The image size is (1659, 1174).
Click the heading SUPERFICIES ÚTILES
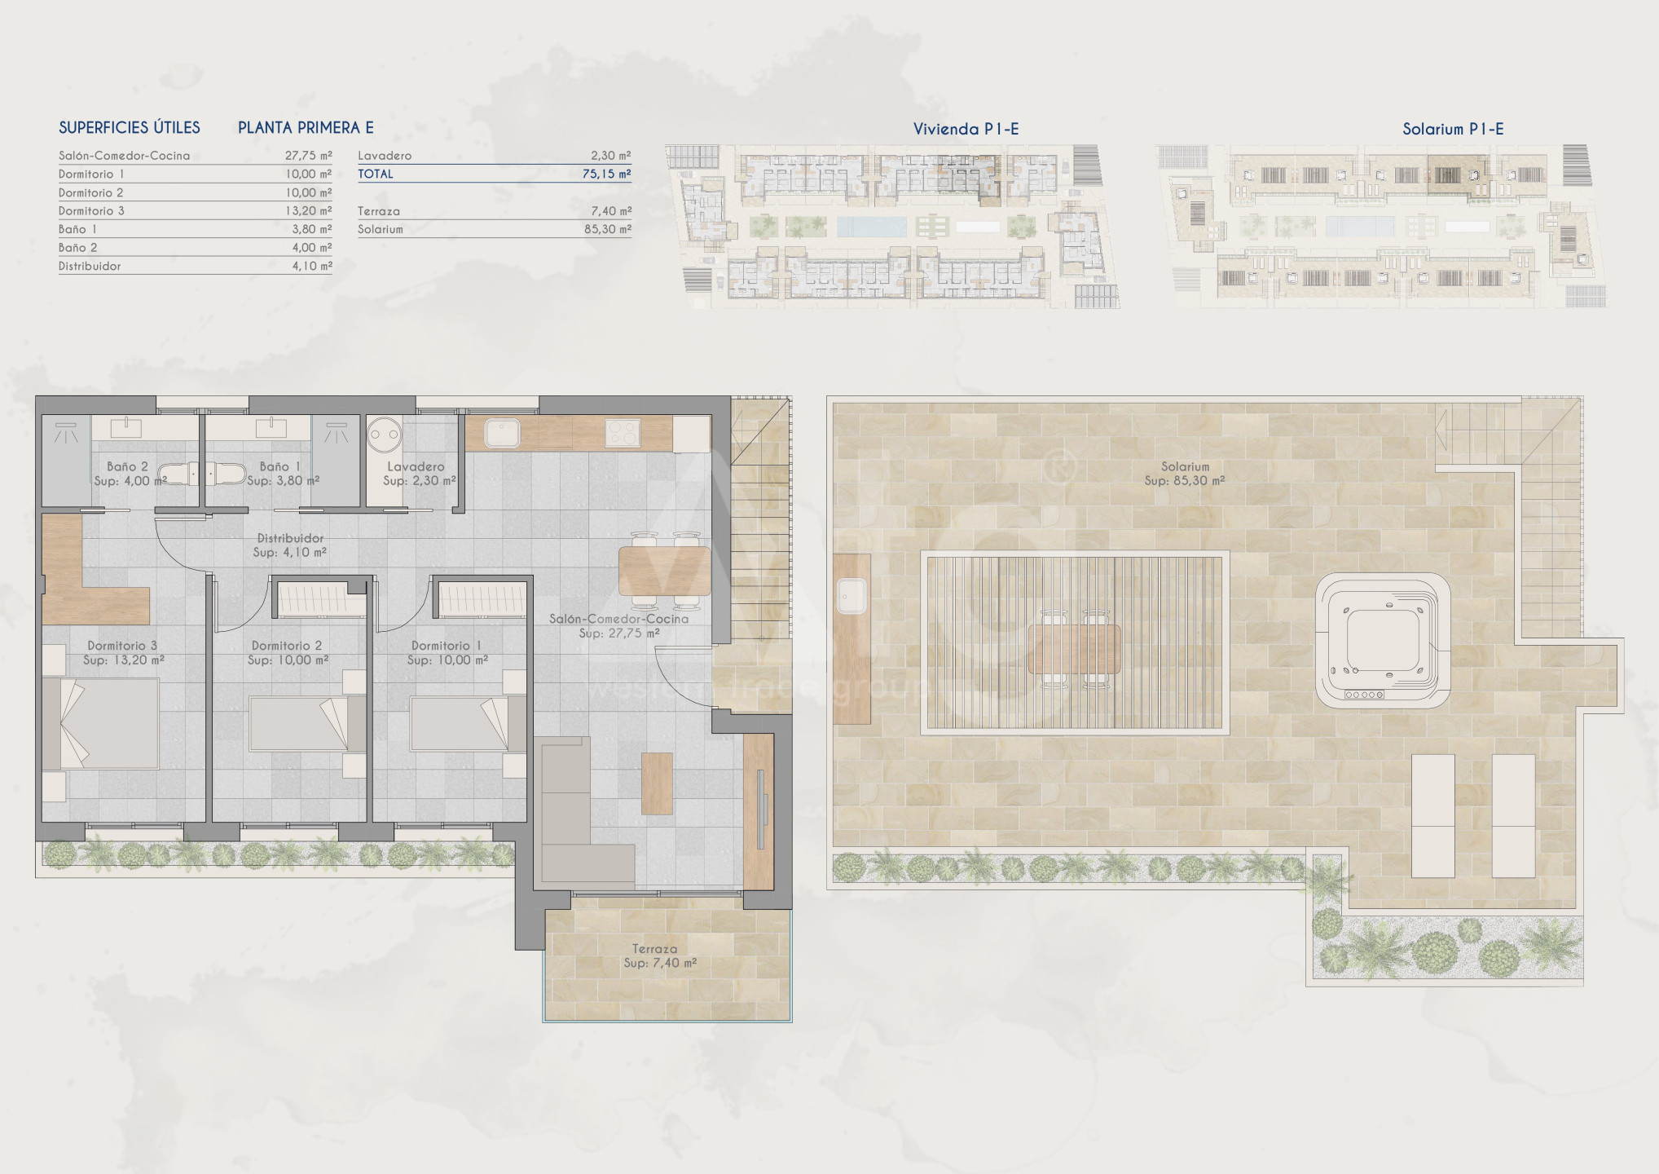pos(130,127)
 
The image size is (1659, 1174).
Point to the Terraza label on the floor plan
pos(654,949)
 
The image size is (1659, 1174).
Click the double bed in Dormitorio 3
pos(100,722)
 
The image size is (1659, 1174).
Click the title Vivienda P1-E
pos(966,129)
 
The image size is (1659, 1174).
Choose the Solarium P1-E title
pos(1452,129)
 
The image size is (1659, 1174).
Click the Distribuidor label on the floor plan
pos(290,538)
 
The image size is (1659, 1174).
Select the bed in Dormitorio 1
pos(468,722)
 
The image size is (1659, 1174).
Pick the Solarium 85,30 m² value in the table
pos(608,229)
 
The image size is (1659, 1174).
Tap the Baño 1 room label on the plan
pos(275,466)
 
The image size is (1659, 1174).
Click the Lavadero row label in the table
pos(385,155)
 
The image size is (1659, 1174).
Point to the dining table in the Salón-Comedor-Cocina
pos(664,571)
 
